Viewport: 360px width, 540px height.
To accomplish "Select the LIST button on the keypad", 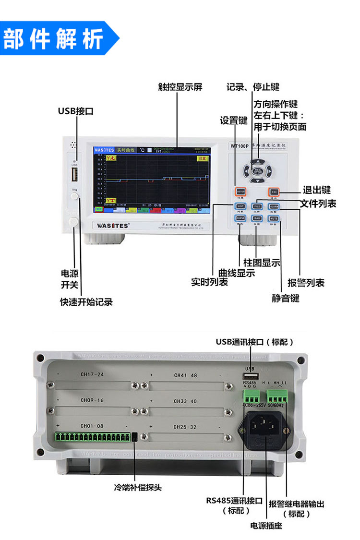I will (x=240, y=206).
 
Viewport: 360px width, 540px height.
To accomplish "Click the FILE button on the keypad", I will (x=257, y=206).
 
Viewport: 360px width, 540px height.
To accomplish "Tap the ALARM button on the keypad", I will (x=274, y=206).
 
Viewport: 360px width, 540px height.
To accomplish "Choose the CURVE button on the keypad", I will (x=240, y=218).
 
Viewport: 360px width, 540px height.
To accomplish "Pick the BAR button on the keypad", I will (x=257, y=218).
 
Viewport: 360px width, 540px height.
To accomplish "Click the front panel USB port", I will (x=74, y=176).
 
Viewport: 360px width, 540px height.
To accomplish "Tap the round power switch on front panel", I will (x=74, y=221).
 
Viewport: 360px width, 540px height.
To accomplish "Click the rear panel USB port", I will (x=250, y=376).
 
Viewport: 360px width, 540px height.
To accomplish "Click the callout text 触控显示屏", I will (x=180, y=87).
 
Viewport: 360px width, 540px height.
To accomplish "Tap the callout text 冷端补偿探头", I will (x=138, y=487).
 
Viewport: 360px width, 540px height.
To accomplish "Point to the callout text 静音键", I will (x=285, y=298).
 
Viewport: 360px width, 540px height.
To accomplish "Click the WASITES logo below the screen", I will (x=111, y=224).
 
